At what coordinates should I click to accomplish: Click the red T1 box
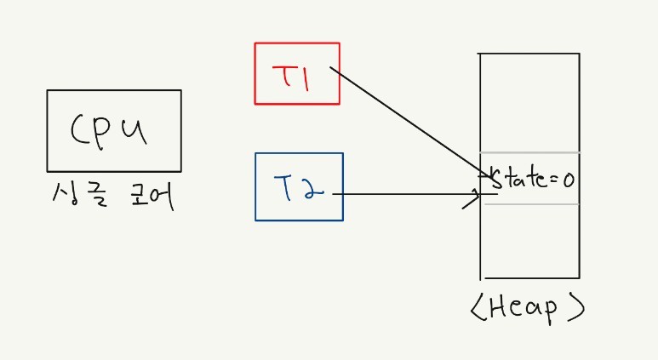[x=297, y=73]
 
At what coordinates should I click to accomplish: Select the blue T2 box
[x=299, y=186]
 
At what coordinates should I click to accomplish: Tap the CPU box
[x=114, y=130]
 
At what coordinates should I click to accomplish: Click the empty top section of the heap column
[x=529, y=102]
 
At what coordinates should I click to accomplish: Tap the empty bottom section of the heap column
[x=529, y=243]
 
